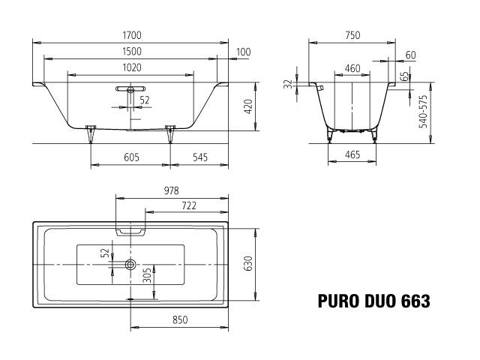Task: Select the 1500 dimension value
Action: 131,51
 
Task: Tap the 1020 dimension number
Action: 131,67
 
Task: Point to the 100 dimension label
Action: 242,51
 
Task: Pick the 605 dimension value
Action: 131,158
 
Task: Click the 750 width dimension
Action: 351,35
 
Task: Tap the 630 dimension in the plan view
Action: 247,265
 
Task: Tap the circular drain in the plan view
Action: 131,265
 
